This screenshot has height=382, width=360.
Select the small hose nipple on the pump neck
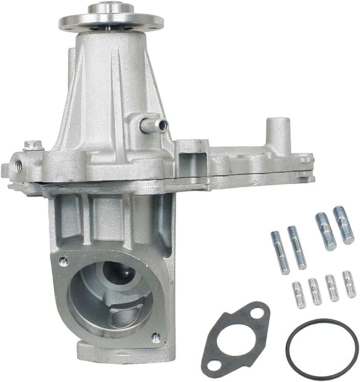point(155,126)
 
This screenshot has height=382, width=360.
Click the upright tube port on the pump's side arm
point(278,131)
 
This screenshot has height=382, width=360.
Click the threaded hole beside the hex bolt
point(18,163)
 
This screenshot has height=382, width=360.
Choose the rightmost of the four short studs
point(349,284)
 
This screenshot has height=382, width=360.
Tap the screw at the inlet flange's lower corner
point(156,338)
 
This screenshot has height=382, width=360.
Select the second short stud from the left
point(315,291)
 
